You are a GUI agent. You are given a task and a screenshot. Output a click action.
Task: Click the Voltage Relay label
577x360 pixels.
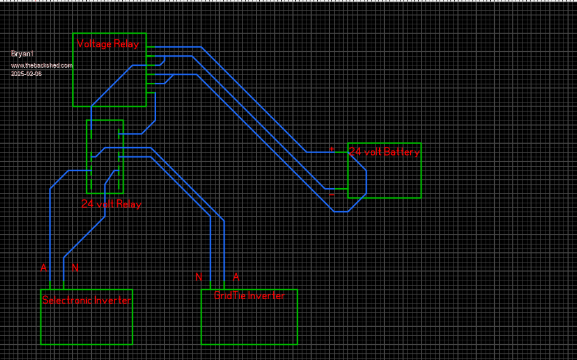pyautogui.click(x=108, y=44)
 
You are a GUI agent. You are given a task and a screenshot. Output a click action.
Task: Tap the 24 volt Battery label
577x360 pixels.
pyautogui.click(x=384, y=152)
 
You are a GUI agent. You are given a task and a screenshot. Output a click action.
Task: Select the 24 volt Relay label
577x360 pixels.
pyautogui.click(x=111, y=204)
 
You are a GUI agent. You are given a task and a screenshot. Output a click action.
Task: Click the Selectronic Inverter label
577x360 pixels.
pyautogui.click(x=86, y=300)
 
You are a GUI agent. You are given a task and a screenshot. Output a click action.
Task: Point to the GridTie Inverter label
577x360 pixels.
pyautogui.click(x=249, y=296)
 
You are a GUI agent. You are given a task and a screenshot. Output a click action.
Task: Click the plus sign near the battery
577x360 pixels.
pyautogui.click(x=331, y=149)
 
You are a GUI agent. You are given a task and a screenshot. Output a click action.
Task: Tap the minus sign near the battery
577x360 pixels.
pyautogui.click(x=331, y=195)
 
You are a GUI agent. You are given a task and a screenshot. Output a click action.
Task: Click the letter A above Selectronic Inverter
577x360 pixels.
pyautogui.click(x=43, y=268)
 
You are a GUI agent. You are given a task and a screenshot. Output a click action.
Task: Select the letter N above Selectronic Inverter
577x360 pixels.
pyautogui.click(x=74, y=268)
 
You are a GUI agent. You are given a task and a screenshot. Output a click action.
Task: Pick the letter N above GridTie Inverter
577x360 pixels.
pyautogui.click(x=198, y=277)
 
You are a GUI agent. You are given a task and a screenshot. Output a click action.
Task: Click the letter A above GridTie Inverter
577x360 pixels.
pyautogui.click(x=236, y=277)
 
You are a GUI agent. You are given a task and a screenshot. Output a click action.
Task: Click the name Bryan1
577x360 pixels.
pyautogui.click(x=23, y=54)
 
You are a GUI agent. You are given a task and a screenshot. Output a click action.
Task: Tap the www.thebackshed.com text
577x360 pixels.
pyautogui.click(x=42, y=65)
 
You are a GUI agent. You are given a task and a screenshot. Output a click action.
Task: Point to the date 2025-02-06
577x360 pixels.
pyautogui.click(x=26, y=74)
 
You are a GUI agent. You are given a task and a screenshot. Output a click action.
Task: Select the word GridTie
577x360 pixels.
pyautogui.click(x=230, y=296)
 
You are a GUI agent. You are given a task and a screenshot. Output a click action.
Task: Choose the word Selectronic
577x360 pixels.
pyautogui.click(x=63, y=300)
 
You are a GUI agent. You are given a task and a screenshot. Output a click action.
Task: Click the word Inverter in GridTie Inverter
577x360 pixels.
pyautogui.click(x=266, y=296)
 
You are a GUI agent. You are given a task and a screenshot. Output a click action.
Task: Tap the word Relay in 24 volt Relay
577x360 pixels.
pyautogui.click(x=129, y=204)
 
